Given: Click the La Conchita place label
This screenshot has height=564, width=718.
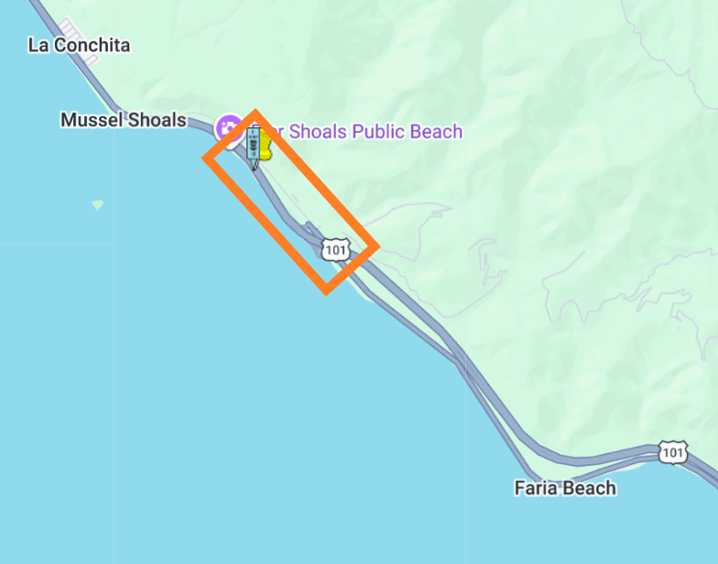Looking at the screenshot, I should click(x=79, y=45).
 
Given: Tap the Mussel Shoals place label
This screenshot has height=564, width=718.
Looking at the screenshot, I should click(x=123, y=120).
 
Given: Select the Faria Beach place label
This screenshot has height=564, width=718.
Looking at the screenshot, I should click(x=565, y=488).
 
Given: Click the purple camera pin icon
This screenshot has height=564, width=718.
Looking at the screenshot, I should click(x=228, y=127).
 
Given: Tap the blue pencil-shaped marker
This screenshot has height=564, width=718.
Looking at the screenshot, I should click(x=252, y=146).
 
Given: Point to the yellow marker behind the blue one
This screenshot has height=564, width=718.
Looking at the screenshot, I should click(x=266, y=145).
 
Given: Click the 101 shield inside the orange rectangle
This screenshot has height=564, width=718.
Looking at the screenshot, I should click(x=336, y=249).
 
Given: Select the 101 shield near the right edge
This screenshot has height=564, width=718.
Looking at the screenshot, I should click(x=673, y=451).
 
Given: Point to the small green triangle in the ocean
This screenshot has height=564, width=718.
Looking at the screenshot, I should click(x=97, y=205).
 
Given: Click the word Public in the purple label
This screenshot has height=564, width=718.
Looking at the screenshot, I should click(x=378, y=132).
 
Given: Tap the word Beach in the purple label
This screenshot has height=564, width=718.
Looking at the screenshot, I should click(x=436, y=132).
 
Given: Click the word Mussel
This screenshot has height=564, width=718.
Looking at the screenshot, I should click(x=91, y=120).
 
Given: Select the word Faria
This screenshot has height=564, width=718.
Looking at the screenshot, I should click(x=536, y=488).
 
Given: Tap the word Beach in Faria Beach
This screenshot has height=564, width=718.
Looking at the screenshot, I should click(x=589, y=488).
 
